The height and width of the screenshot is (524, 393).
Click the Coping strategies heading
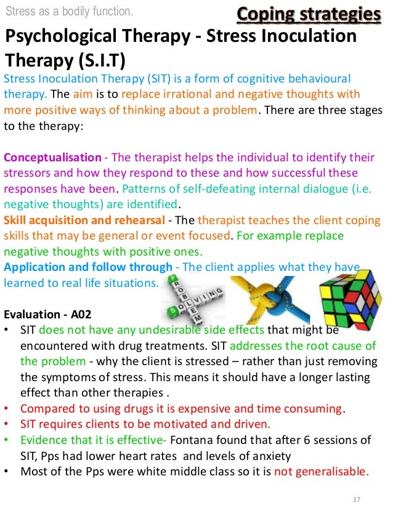point(307,13)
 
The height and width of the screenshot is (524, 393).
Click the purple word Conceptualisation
point(52,158)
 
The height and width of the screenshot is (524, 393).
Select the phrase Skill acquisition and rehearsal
point(84,220)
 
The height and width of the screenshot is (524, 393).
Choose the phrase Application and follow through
point(88,267)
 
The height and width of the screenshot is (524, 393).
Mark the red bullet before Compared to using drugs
point(6,408)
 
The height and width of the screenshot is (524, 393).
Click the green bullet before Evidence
point(6,440)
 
